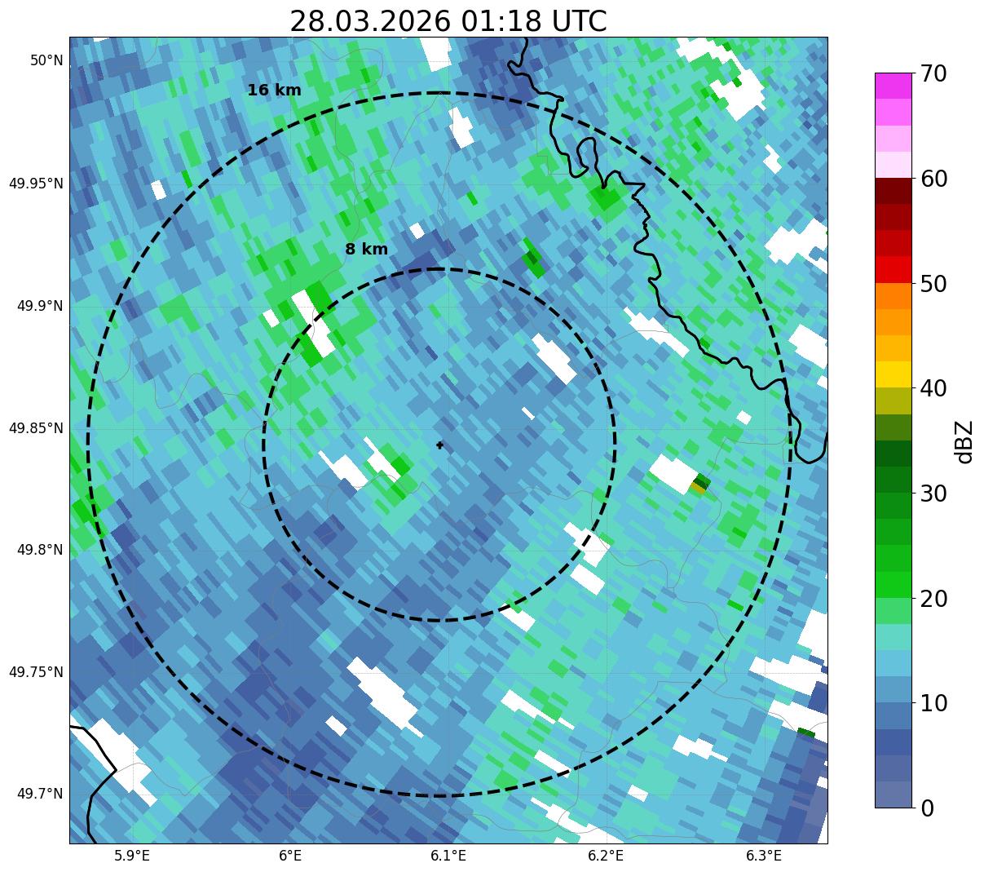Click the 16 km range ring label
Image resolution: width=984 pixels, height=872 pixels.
click(275, 91)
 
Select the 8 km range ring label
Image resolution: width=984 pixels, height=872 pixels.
click(367, 250)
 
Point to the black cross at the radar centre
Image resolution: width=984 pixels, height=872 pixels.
click(440, 445)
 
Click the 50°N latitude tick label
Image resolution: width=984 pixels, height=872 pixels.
click(46, 60)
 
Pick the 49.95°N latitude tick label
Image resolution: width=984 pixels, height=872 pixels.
click(36, 184)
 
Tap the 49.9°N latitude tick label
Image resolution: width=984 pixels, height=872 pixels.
click(40, 306)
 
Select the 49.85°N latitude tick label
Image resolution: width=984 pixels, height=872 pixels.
click(36, 428)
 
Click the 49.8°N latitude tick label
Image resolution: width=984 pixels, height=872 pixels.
click(40, 550)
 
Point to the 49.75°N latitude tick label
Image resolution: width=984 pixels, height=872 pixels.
click(36, 672)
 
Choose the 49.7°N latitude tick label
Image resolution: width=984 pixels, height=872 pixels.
click(40, 794)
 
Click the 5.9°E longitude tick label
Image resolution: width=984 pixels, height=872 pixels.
click(132, 856)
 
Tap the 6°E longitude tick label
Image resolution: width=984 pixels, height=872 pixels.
click(290, 856)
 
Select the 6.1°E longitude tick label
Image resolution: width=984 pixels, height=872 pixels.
click(448, 856)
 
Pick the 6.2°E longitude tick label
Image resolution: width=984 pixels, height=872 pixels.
click(606, 856)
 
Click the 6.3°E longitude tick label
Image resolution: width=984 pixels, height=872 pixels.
click(764, 856)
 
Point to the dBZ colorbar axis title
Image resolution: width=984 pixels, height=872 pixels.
click(964, 441)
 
